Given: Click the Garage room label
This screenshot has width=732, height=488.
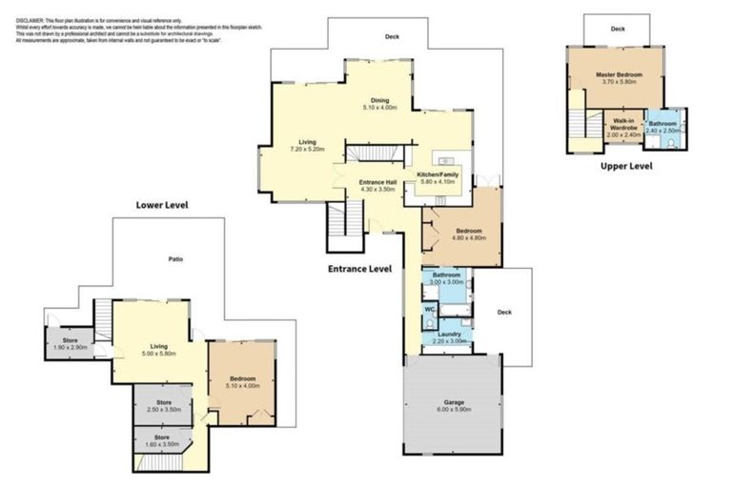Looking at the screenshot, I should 454,402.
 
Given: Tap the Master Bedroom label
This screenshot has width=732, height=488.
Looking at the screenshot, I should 619,74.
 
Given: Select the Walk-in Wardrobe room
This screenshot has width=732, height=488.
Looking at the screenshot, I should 623,124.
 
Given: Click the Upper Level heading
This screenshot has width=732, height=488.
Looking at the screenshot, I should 626,166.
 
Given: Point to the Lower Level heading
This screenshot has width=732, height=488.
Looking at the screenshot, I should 162,205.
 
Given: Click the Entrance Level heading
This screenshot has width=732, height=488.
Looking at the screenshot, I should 359,269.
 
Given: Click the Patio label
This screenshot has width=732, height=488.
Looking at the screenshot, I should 176,258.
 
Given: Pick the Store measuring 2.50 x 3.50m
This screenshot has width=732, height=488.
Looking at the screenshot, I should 164,403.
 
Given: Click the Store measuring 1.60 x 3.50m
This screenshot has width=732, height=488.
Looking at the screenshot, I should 164,438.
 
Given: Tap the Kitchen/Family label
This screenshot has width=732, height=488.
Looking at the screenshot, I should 438,175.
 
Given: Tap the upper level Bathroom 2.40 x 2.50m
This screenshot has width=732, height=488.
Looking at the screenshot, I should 663,124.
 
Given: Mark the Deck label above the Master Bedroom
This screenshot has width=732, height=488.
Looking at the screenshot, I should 618,29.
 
